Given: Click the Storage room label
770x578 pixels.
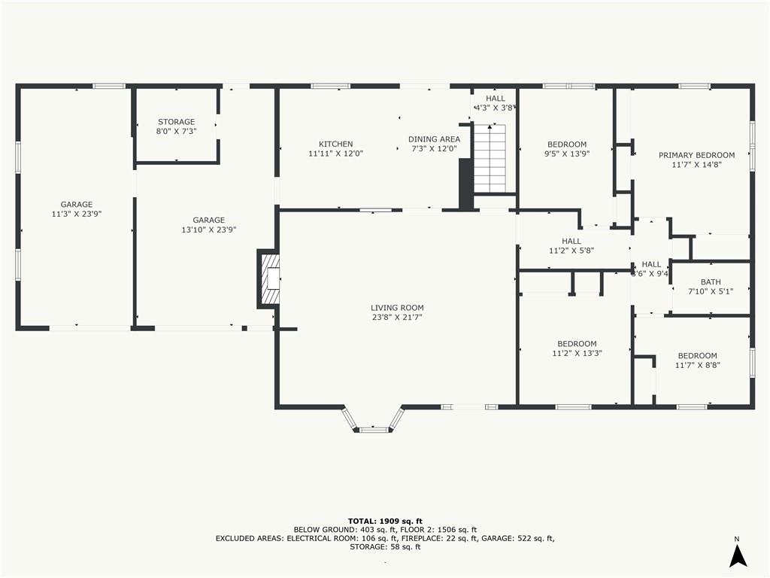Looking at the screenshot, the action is (x=176, y=121).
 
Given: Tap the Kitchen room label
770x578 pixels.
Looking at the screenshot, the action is (x=336, y=144).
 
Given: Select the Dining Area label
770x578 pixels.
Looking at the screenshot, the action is (x=434, y=139).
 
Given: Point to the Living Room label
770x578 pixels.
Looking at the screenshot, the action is (x=397, y=308).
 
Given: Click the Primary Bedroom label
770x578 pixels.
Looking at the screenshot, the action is (x=696, y=155).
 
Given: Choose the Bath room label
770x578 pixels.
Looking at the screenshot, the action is (x=711, y=282).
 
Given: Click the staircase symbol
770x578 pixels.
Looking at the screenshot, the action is (x=490, y=158).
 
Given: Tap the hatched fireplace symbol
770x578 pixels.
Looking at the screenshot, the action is (x=270, y=279).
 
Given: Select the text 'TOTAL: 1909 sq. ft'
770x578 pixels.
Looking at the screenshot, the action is (x=385, y=521).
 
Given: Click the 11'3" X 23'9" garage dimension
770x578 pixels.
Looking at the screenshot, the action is (x=77, y=214).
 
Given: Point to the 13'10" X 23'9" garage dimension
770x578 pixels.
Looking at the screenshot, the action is (x=209, y=230).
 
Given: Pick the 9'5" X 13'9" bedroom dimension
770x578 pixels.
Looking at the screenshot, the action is (x=567, y=154).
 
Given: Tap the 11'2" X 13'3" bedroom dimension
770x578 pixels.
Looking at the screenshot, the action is (x=577, y=353).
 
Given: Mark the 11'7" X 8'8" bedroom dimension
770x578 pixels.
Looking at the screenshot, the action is (x=697, y=365).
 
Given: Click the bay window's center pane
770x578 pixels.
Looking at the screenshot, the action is (x=374, y=430).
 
